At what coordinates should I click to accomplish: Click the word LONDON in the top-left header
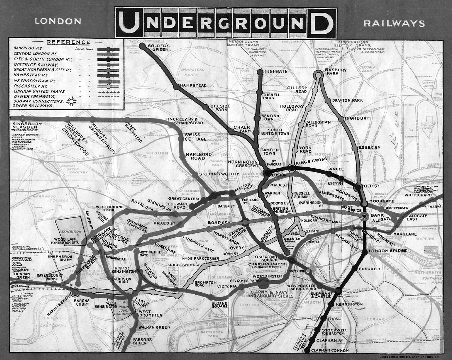(x=58, y=22)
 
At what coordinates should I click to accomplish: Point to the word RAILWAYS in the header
(x=394, y=24)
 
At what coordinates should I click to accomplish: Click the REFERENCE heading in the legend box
(x=69, y=42)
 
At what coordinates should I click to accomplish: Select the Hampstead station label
(x=193, y=86)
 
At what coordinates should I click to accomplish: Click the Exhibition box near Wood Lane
(x=71, y=232)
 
